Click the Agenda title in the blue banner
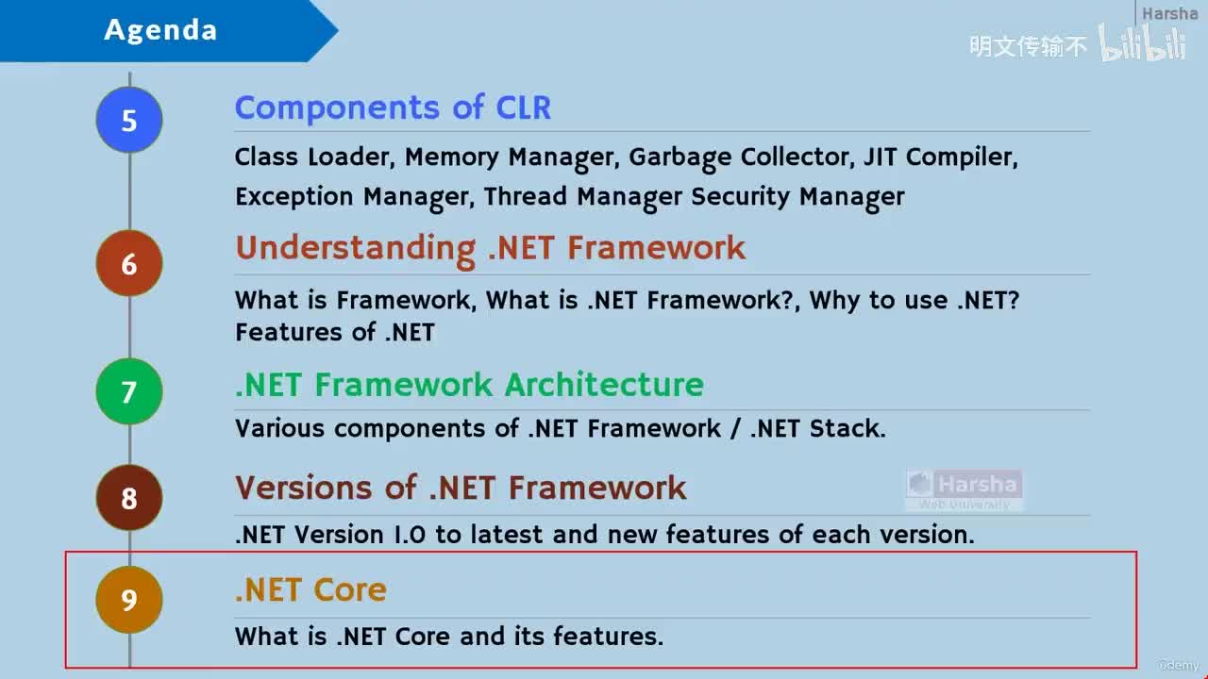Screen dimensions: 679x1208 160,30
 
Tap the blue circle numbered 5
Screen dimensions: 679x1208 129,121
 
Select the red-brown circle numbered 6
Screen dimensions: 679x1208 129,263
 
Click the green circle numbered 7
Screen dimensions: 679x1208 129,391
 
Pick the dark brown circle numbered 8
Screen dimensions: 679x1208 129,497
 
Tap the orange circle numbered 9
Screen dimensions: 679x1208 129,599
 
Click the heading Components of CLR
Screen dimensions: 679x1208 393,108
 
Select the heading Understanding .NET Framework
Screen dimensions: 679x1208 490,248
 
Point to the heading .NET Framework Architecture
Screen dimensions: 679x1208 469,385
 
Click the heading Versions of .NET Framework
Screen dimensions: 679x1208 461,488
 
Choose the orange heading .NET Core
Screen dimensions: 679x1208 310,590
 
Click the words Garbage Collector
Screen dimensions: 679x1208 741,157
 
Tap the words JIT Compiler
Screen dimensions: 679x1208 940,157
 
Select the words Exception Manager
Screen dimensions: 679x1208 351,196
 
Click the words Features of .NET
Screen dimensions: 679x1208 335,332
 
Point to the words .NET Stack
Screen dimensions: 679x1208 817,428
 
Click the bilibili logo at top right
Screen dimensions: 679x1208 1143,44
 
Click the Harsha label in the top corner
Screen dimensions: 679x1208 1169,13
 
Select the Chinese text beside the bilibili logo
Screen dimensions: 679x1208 1029,46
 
